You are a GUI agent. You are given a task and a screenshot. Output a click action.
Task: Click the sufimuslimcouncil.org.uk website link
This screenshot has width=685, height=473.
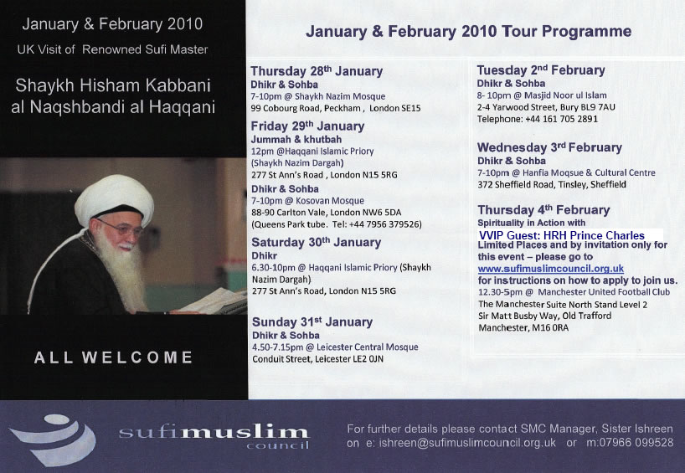coord(550,269)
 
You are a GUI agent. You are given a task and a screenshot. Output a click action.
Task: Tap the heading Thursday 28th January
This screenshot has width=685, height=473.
coord(317,71)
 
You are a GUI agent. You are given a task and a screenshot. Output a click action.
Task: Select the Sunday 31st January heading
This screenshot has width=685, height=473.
coord(312,321)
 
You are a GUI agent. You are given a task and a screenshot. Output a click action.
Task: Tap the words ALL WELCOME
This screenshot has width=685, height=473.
coord(113,357)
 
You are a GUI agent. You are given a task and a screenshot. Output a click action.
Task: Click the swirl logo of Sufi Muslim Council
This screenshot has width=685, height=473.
coord(54,439)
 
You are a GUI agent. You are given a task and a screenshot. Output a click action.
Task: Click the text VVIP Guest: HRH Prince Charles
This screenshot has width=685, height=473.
coord(561,235)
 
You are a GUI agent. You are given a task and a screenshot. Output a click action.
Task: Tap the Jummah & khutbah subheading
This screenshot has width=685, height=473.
coord(296,139)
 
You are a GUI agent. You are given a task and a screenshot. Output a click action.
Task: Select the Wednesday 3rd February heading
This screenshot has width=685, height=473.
coord(549,147)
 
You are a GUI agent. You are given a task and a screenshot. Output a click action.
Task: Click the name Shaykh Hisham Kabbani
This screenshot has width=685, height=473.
coord(113,85)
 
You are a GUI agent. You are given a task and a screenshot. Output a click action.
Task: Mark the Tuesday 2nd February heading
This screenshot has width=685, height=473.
coord(541,69)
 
